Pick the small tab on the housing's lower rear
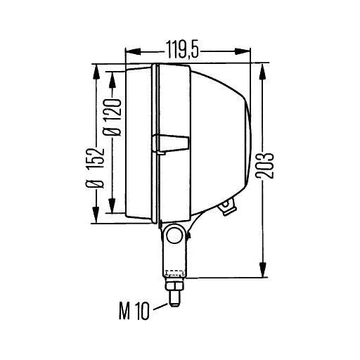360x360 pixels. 227,206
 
